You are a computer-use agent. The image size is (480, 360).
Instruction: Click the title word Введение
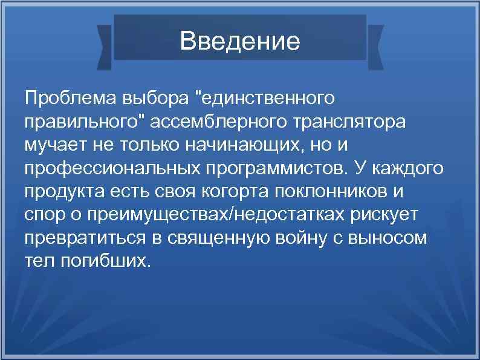[x=240, y=41]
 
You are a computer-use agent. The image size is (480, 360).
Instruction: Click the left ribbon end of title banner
[x=105, y=45]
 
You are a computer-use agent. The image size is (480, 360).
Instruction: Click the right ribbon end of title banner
[x=375, y=45]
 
